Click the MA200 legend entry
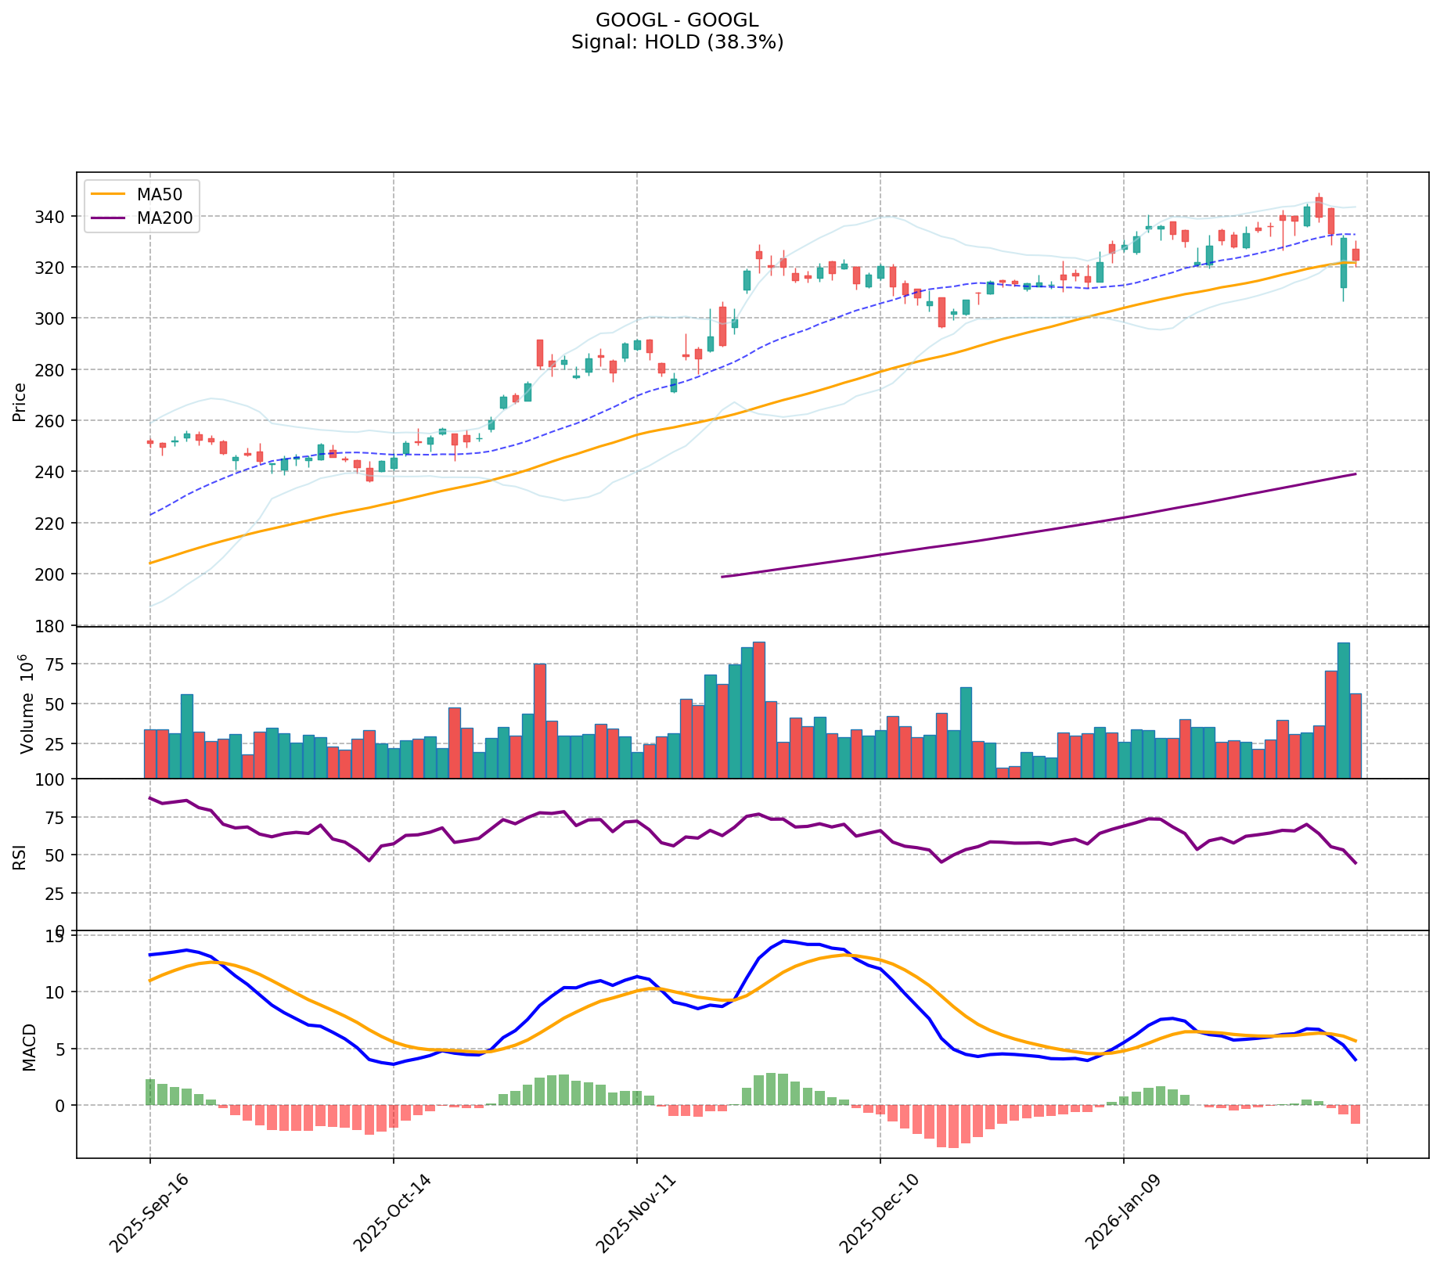pyautogui.click(x=164, y=218)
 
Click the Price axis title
pyautogui.click(x=20, y=401)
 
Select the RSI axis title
pyautogui.click(x=20, y=855)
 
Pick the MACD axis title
pyautogui.click(x=29, y=1047)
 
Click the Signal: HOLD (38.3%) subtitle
pyautogui.click(x=677, y=42)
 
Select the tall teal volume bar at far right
pyautogui.click(x=1343, y=710)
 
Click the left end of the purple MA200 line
pyautogui.click(x=722, y=577)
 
